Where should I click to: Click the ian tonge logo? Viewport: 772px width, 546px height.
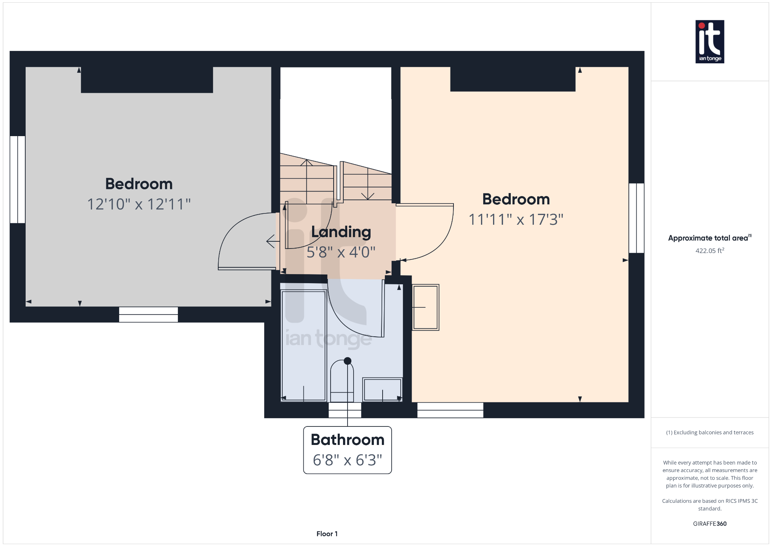[x=709, y=41]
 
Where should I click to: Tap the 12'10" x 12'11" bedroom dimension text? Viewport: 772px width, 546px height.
[x=139, y=204]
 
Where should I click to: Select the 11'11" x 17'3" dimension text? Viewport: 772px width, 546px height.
[x=516, y=219]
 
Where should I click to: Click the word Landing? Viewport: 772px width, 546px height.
[x=341, y=232]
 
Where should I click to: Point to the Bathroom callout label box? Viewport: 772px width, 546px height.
[x=347, y=450]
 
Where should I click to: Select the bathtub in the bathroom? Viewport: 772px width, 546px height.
[x=303, y=345]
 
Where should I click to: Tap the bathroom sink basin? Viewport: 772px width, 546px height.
[x=382, y=390]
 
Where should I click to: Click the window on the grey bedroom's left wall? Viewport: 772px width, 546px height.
[x=17, y=179]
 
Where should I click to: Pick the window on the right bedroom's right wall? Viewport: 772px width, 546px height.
[x=636, y=218]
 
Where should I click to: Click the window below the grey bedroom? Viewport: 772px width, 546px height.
[x=148, y=314]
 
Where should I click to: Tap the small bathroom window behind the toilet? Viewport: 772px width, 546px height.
[x=345, y=410]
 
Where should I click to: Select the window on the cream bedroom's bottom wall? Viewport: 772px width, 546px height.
[x=450, y=410]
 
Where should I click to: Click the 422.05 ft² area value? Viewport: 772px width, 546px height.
[x=709, y=251]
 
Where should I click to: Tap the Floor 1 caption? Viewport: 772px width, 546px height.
[x=327, y=534]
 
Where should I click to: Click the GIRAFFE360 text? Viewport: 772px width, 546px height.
[x=709, y=524]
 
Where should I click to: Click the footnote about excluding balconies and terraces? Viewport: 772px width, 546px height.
[x=709, y=433]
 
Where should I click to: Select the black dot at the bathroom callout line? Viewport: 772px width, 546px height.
[x=348, y=361]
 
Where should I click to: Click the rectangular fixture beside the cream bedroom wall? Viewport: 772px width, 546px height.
[x=426, y=307]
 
